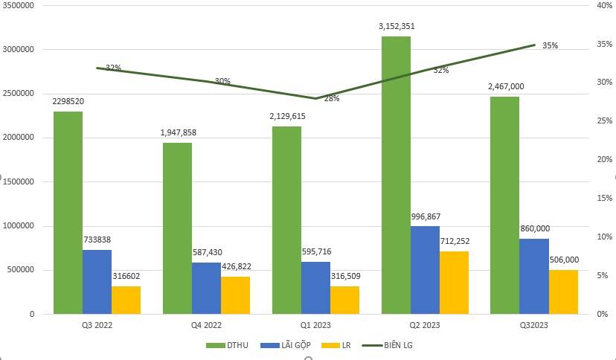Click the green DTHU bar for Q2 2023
[x=396, y=175]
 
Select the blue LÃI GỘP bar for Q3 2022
[x=97, y=282]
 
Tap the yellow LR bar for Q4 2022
[x=236, y=295]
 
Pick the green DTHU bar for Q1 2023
[x=286, y=220]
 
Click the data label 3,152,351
[x=397, y=27]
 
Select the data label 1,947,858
[x=178, y=132]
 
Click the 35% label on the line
[x=550, y=45]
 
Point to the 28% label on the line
[x=331, y=98]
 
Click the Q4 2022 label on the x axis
[x=206, y=325]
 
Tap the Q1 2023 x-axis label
[x=315, y=325]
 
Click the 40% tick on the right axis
[x=603, y=5]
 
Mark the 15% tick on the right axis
[x=603, y=199]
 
